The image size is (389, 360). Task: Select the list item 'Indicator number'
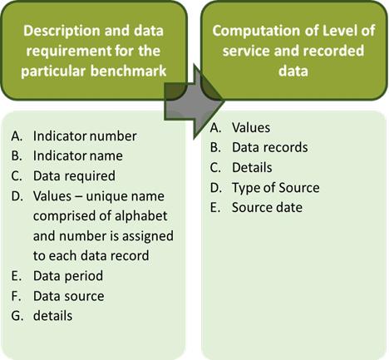[x=85, y=136]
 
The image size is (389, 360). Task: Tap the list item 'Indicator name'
[x=78, y=155]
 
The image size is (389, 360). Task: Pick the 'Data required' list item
[x=74, y=176]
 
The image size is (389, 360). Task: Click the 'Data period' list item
[x=68, y=276]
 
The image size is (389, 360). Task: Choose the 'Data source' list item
[x=69, y=296]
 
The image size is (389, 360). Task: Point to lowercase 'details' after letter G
[x=52, y=316]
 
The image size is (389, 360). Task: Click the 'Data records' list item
[x=270, y=147]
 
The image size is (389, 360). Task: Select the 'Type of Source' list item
[x=276, y=188]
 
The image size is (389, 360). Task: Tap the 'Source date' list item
[x=267, y=207]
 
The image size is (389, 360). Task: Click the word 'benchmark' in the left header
[x=128, y=71]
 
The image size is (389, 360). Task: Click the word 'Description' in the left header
[x=62, y=31]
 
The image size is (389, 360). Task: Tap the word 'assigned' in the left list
[x=148, y=236]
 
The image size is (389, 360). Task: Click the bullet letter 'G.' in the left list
[x=17, y=316]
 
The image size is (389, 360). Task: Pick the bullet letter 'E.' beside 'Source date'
[x=215, y=207]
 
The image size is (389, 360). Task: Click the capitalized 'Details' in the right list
[x=252, y=167]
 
